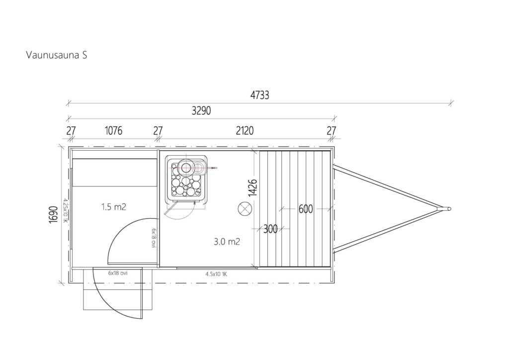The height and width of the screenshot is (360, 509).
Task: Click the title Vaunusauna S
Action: [x=57, y=55]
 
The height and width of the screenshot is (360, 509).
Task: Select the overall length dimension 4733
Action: [x=259, y=95]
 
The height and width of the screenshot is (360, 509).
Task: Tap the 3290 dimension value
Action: [x=201, y=111]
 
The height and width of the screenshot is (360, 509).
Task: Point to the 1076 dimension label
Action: [x=114, y=130]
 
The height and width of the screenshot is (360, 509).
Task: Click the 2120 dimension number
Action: [x=245, y=130]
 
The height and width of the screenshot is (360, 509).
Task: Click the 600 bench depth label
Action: [x=306, y=209]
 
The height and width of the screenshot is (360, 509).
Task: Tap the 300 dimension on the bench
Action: [x=270, y=229]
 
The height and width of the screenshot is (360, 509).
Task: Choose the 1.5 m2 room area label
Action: [x=114, y=207]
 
